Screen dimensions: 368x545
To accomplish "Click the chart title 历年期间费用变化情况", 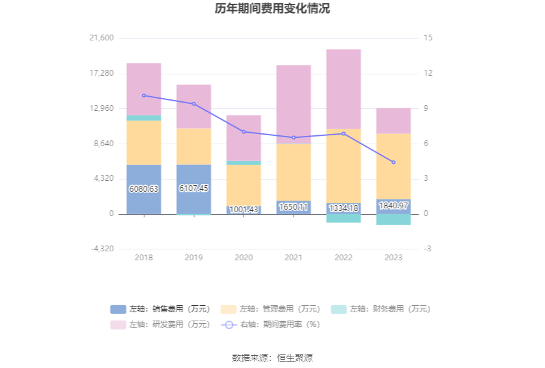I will click(272, 9).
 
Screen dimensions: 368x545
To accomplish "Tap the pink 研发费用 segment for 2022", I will click(344, 89).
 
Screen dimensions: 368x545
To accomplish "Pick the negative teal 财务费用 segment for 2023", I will click(394, 219).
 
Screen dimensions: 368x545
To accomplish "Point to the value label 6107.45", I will click(194, 188).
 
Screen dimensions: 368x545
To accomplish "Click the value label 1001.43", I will click(244, 210).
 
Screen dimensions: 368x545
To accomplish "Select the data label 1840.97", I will click(394, 206).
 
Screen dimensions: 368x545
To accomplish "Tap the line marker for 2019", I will click(194, 104).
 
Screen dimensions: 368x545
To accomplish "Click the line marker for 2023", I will click(394, 162).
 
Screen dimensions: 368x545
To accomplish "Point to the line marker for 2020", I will click(244, 131).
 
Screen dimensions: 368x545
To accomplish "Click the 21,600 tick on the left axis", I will click(102, 38).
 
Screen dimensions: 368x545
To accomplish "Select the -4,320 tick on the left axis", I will click(102, 249).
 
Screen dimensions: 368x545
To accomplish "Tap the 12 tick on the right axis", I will click(428, 73).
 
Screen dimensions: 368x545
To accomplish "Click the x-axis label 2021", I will click(294, 258).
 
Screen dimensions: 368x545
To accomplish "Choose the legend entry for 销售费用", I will click(160, 309).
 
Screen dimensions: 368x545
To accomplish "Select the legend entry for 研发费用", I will click(160, 324).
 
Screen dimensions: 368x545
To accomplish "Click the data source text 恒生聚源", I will click(295, 358).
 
